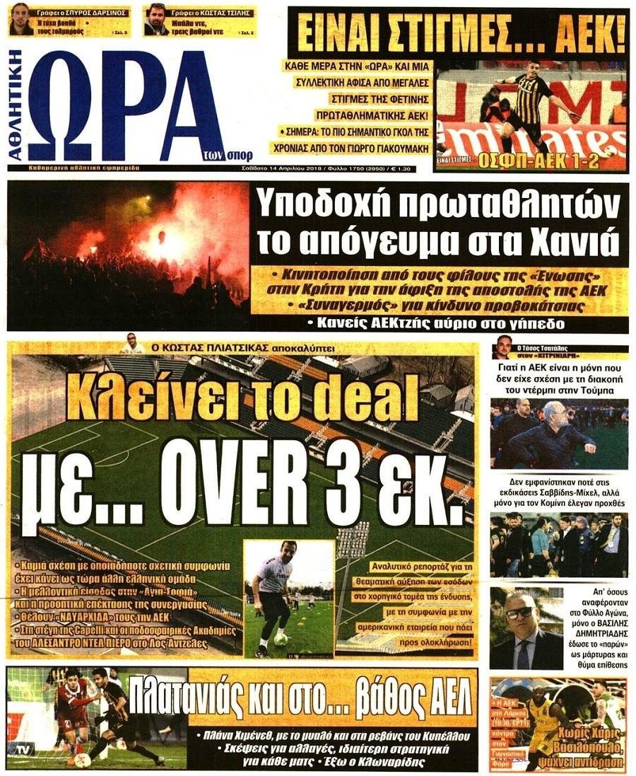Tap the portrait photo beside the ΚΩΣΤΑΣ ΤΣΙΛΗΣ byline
pos(155,20)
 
